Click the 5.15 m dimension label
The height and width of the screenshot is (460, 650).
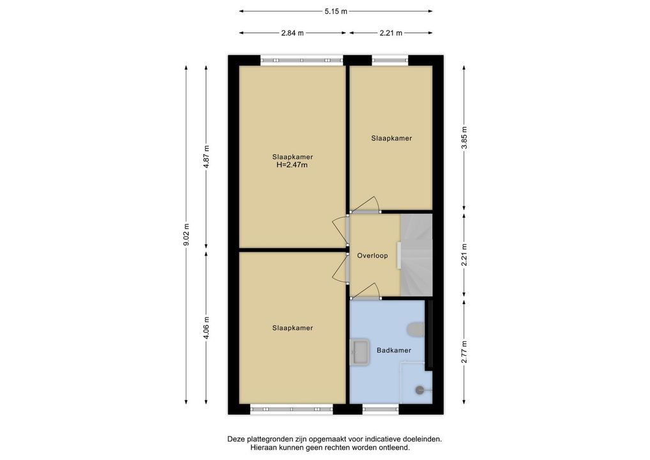click(x=336, y=11)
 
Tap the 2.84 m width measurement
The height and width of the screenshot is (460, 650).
click(x=292, y=33)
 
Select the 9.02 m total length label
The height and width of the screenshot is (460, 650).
click(x=186, y=234)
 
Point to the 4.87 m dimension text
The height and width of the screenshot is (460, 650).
click(x=206, y=155)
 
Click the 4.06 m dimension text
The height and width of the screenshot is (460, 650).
click(x=206, y=327)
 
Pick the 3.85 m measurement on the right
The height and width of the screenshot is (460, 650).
click(x=464, y=138)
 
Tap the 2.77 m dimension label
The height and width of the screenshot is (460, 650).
click(x=464, y=352)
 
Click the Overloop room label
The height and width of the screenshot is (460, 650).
click(x=373, y=256)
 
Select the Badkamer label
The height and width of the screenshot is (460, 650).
click(x=394, y=350)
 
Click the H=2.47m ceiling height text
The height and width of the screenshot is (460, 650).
click(x=292, y=165)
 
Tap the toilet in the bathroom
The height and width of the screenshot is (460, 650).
click(x=416, y=329)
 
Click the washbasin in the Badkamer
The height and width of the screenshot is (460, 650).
click(x=359, y=352)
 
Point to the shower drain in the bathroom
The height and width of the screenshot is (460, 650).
click(x=419, y=390)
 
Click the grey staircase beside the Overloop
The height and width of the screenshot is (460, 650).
click(x=416, y=255)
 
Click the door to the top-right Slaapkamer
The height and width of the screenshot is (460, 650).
click(x=365, y=205)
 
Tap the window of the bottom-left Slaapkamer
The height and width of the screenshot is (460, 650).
click(x=291, y=410)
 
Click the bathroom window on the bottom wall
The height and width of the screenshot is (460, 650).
click(x=381, y=410)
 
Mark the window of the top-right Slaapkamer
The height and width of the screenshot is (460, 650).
click(x=390, y=60)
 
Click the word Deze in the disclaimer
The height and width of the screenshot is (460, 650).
click(x=236, y=439)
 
